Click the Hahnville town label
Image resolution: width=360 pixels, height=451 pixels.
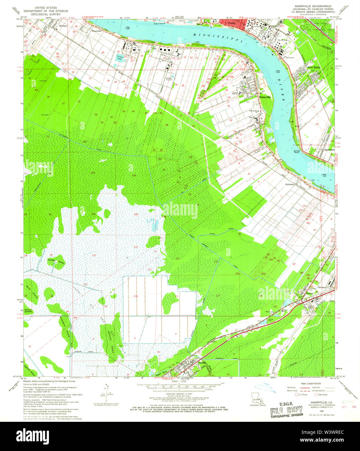[265, 97]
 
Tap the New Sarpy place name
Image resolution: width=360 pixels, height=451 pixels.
[314, 68]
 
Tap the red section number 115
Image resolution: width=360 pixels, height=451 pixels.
[136, 296]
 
